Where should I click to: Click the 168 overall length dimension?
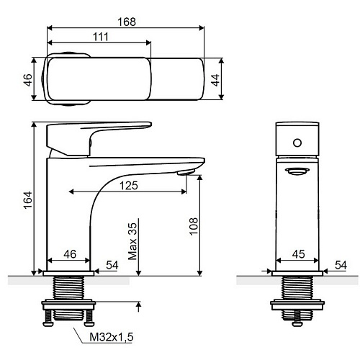point(127,22)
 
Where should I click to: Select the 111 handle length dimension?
point(101,37)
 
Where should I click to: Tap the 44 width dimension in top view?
point(215,80)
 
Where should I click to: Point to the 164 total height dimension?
point(28,200)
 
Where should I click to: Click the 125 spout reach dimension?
point(129,186)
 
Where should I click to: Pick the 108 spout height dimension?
point(194,226)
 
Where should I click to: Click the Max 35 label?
point(132,241)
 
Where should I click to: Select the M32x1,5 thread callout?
point(112,337)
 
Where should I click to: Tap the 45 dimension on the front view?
point(298,254)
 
